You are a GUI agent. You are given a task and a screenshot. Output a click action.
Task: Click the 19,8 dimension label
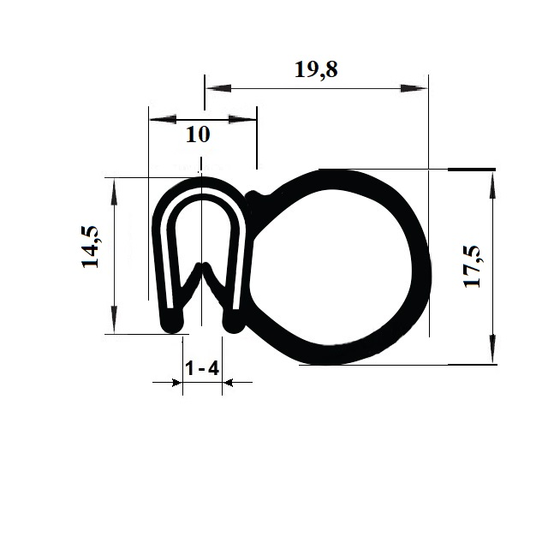click(316, 70)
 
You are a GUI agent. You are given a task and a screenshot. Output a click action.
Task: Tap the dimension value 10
click(198, 134)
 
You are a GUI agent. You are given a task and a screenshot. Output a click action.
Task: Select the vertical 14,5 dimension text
click(90, 247)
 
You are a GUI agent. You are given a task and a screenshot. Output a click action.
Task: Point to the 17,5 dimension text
click(473, 266)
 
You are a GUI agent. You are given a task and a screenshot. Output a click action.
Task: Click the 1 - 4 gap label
click(202, 368)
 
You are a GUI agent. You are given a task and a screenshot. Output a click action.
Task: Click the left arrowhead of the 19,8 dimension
click(218, 88)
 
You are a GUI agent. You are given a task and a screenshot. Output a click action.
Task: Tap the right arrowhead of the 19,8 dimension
click(414, 88)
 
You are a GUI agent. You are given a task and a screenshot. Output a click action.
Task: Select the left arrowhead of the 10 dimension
click(163, 120)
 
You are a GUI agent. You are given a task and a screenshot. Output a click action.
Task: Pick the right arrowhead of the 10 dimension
click(242, 120)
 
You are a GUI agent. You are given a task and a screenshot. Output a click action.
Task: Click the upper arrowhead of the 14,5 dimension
click(114, 193)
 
